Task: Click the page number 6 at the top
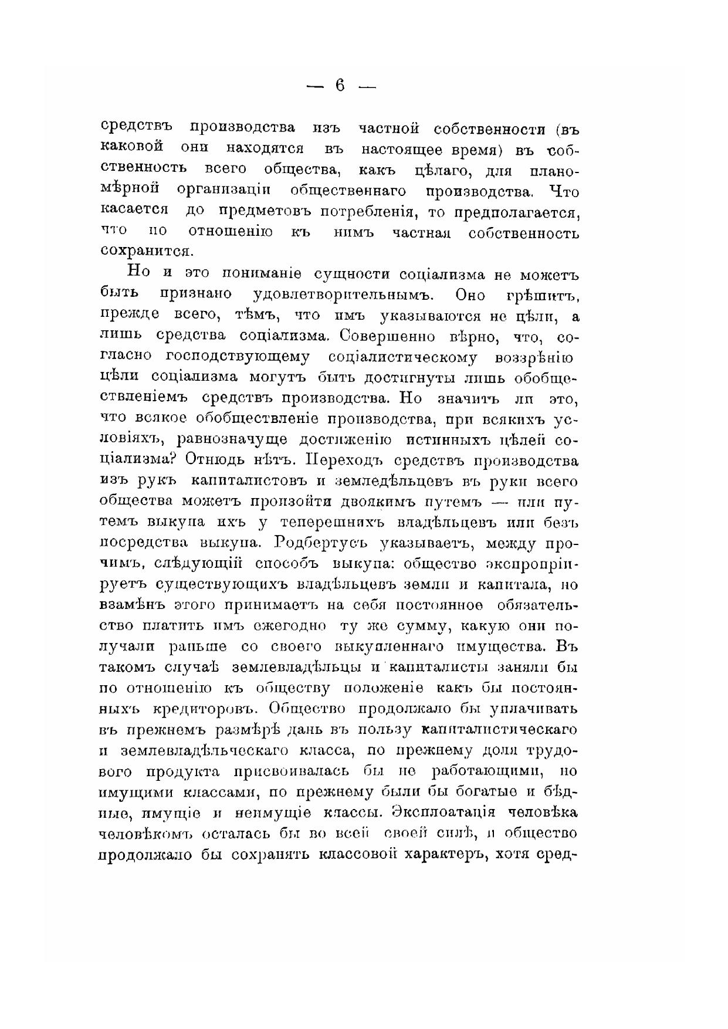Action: point(340,86)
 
